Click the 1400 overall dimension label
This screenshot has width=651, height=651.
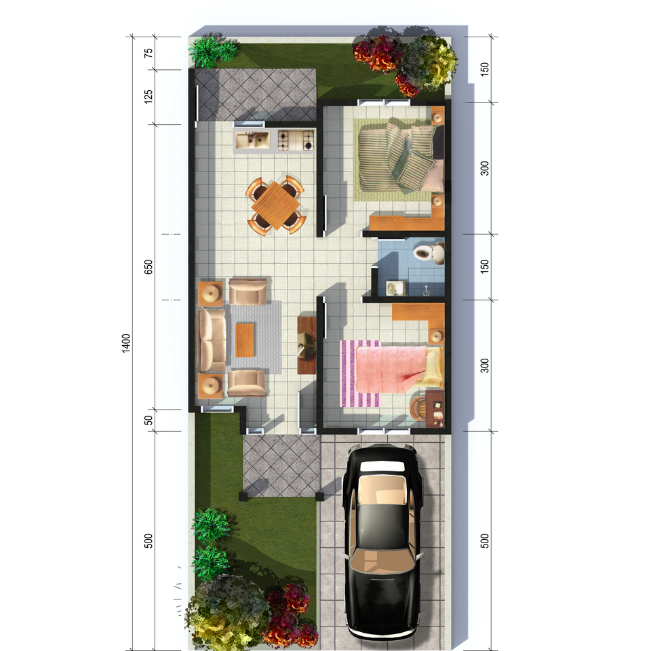(126, 343)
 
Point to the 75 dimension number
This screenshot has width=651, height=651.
(149, 53)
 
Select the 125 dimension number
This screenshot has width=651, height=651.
(149, 96)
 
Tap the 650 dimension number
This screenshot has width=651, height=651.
(149, 267)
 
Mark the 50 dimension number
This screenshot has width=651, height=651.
(149, 420)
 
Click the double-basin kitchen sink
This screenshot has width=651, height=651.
(252, 140)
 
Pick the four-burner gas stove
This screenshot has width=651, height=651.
(296, 140)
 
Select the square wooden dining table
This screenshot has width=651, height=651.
(275, 205)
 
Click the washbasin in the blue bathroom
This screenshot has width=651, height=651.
(395, 288)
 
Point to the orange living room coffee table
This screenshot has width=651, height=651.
(245, 340)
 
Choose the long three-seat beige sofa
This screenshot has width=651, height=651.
(212, 340)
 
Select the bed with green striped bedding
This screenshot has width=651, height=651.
(399, 158)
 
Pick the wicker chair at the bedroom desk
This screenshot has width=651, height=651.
(418, 408)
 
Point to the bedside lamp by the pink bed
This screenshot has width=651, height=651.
(436, 336)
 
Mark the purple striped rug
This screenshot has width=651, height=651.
(359, 374)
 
